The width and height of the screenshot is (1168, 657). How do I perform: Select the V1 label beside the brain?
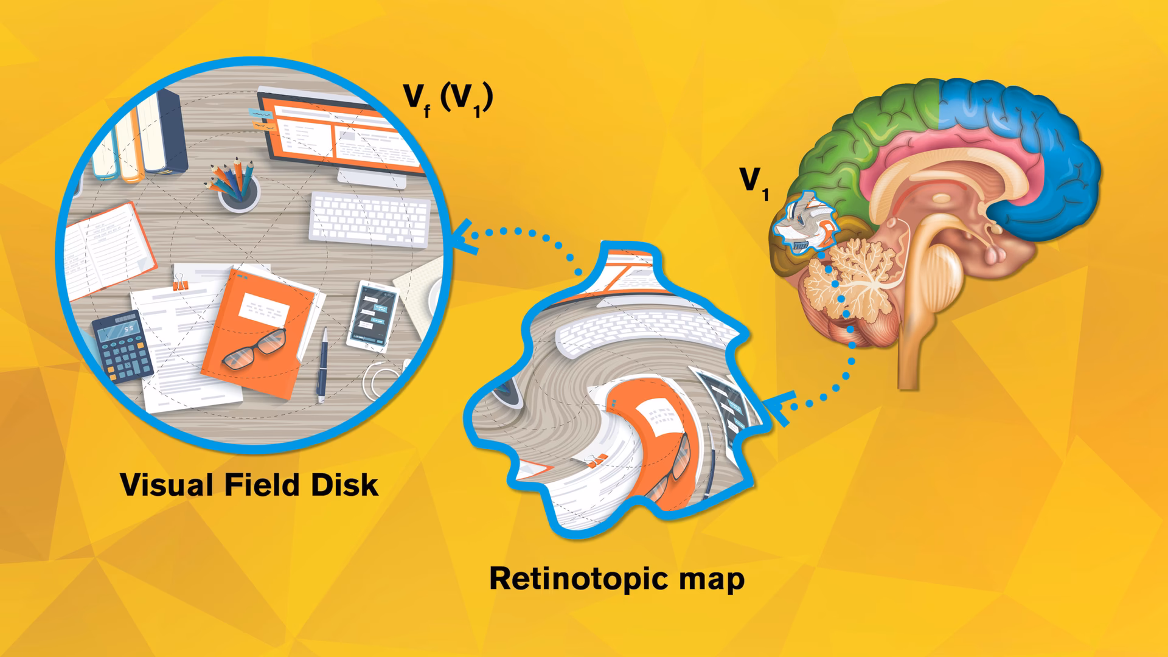754,182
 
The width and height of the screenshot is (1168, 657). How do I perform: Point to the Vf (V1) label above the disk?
448,99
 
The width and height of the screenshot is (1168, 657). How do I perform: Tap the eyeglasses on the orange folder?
254,349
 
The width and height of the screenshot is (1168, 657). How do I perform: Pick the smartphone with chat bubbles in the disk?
372,316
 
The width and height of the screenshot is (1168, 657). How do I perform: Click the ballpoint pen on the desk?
322,364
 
